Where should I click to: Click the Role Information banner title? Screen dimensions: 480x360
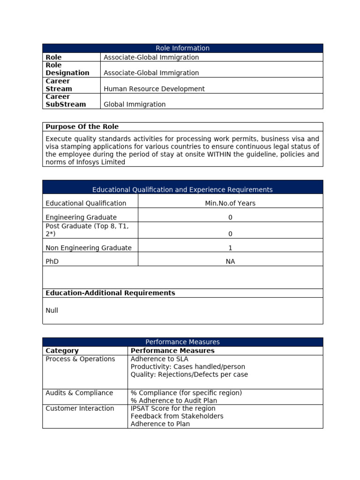coord(182,48)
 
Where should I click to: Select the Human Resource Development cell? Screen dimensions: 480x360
coord(154,89)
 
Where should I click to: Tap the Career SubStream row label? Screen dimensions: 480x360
coord(66,100)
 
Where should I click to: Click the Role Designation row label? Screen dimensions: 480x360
coord(67,69)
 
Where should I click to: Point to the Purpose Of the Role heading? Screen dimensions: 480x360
coord(82,127)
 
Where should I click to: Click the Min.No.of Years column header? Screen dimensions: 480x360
coord(230,203)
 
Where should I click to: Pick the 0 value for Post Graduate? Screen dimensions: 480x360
coord(230,233)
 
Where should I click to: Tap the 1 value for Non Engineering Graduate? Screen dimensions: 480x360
coord(230,248)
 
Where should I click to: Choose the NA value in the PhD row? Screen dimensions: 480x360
coord(230,262)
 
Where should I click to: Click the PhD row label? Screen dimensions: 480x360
coord(52,262)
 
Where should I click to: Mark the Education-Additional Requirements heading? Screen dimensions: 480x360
coord(110,293)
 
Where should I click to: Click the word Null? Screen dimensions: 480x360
coord(52,310)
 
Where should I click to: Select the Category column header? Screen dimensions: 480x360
coord(62,351)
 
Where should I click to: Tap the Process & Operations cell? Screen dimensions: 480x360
coord(80,359)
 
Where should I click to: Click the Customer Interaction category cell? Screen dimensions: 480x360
coord(80,408)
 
